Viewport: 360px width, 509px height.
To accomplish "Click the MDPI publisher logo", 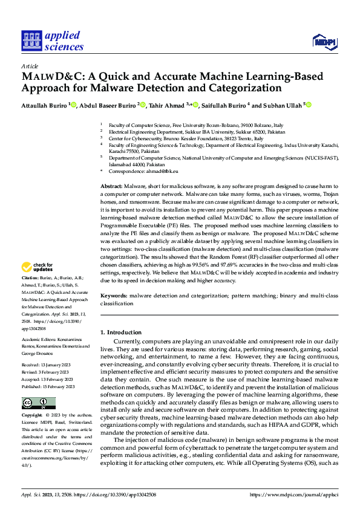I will coord(325,41).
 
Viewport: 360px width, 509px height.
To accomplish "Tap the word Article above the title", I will coord(29,66).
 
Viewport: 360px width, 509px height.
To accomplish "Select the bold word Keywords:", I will coord(114,296).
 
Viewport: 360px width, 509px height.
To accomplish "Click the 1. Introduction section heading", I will coord(121,332).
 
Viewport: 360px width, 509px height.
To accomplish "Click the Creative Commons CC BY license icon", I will coord(38,403).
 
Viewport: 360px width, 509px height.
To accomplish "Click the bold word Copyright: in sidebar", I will coord(33,416).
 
